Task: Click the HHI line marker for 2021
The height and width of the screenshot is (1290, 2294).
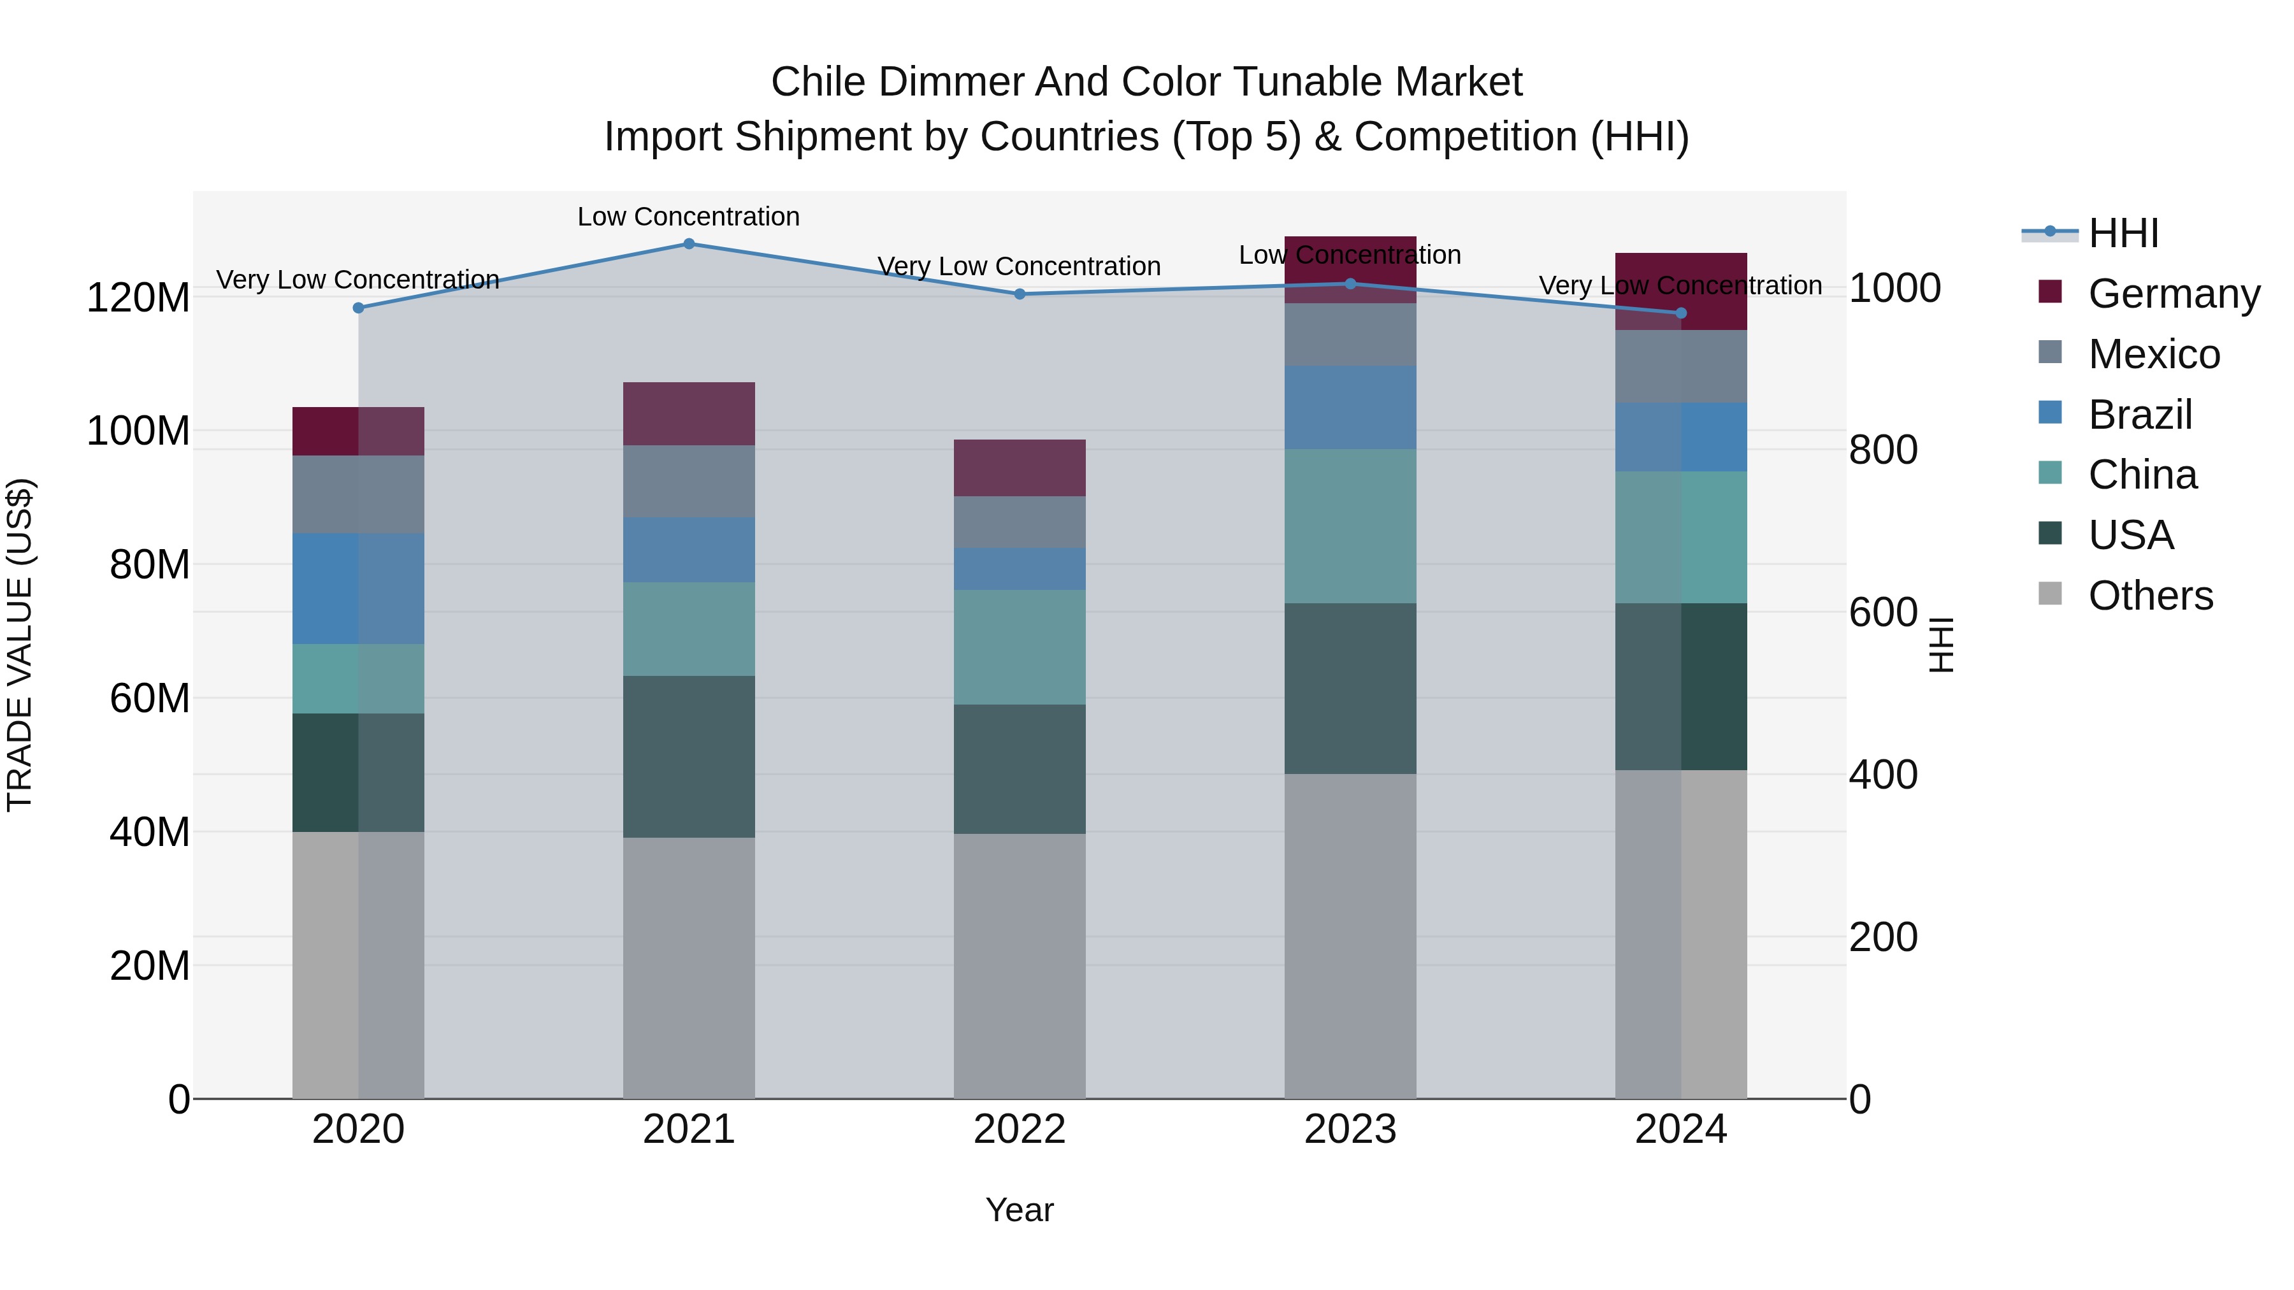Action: (688, 244)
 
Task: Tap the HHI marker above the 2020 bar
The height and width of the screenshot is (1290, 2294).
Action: (358, 308)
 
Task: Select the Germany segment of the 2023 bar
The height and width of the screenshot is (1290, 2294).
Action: (1350, 269)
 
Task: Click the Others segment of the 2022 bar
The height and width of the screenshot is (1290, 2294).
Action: (1020, 965)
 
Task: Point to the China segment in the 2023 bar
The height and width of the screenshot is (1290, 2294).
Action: (1350, 526)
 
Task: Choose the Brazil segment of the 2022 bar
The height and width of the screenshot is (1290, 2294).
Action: (1020, 568)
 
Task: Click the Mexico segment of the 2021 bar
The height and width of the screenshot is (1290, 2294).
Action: (688, 481)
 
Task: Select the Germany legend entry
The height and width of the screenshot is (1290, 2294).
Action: (2173, 294)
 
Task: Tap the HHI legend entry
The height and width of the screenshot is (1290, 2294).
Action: (2123, 233)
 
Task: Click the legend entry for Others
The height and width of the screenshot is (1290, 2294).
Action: (2150, 596)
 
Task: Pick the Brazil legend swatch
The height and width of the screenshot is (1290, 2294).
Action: (2050, 413)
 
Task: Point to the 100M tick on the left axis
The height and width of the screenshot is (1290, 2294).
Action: (138, 431)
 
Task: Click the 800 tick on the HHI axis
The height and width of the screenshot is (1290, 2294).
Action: (1882, 450)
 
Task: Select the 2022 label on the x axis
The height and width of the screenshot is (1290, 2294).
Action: (1020, 1129)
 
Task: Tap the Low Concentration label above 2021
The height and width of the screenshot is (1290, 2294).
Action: (688, 217)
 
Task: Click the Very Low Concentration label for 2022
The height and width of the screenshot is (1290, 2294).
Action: (1019, 266)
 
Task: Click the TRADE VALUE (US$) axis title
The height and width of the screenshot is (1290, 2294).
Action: (20, 645)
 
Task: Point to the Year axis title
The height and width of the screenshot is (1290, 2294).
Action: (1020, 1210)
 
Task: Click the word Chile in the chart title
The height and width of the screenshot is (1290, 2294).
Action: (818, 82)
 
